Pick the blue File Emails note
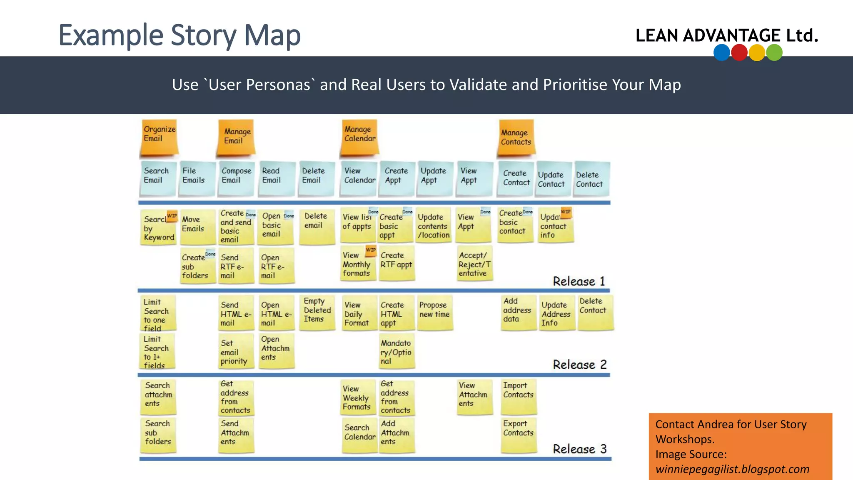pos(196,178)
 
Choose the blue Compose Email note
pos(236,178)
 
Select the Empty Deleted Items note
pos(317,312)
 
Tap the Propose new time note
pos(434,312)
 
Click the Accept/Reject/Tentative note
pos(474,264)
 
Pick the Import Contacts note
pos(518,395)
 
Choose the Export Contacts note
pos(518,434)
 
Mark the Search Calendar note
pos(359,435)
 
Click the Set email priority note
pos(235,351)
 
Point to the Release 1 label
pos(579,281)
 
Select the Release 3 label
pos(579,449)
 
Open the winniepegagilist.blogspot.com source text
pos(732,469)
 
